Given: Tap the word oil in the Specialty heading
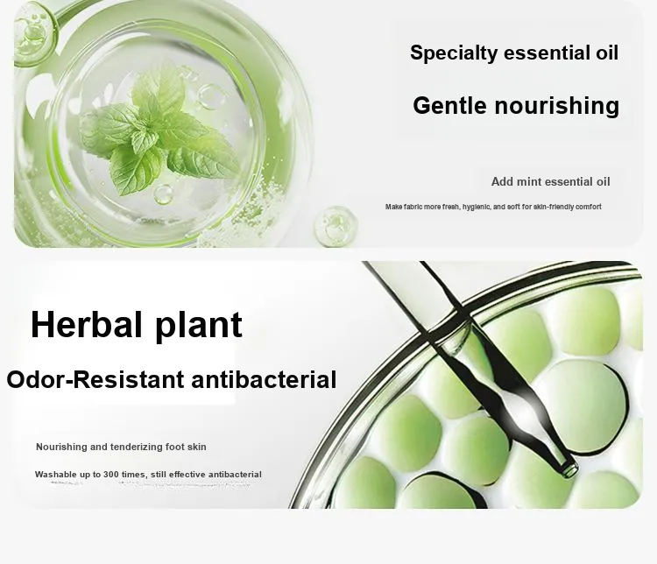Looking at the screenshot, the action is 607,53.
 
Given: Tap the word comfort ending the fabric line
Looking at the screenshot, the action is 589,207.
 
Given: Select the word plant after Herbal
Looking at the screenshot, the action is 199,326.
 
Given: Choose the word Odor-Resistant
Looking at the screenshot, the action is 95,379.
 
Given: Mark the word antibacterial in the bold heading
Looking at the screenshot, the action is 264,379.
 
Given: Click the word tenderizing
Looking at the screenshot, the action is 137,448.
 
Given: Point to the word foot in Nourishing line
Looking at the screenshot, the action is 175,447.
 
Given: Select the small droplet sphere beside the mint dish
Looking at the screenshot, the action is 336,225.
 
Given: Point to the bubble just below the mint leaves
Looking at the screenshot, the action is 163,194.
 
